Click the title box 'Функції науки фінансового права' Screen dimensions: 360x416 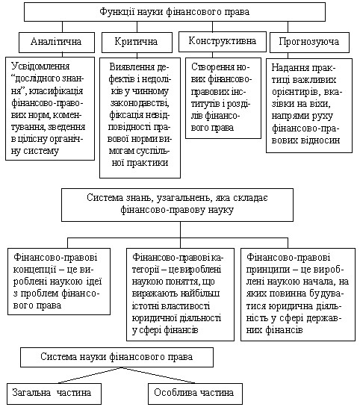pyautogui.click(x=175, y=12)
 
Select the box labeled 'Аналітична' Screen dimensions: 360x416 pyautogui.click(x=57, y=42)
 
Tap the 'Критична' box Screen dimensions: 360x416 pyautogui.click(x=137, y=42)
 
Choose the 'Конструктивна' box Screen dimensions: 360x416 pyautogui.click(x=223, y=42)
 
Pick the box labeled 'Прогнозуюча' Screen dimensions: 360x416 pyautogui.click(x=309, y=42)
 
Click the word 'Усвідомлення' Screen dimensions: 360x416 pyautogui.click(x=40, y=66)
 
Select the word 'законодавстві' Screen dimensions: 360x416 pyautogui.click(x=140, y=102)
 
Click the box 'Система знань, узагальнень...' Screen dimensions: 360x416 pyautogui.click(x=177, y=205)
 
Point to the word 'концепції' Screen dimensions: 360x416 pyautogui.click(x=34, y=270)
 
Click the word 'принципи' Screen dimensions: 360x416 pyautogui.click(x=267, y=270)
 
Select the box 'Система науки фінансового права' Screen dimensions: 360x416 pyautogui.click(x=117, y=357)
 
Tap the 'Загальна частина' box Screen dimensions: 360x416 pyautogui.click(x=54, y=394)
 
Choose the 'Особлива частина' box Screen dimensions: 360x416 pyautogui.click(x=195, y=394)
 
